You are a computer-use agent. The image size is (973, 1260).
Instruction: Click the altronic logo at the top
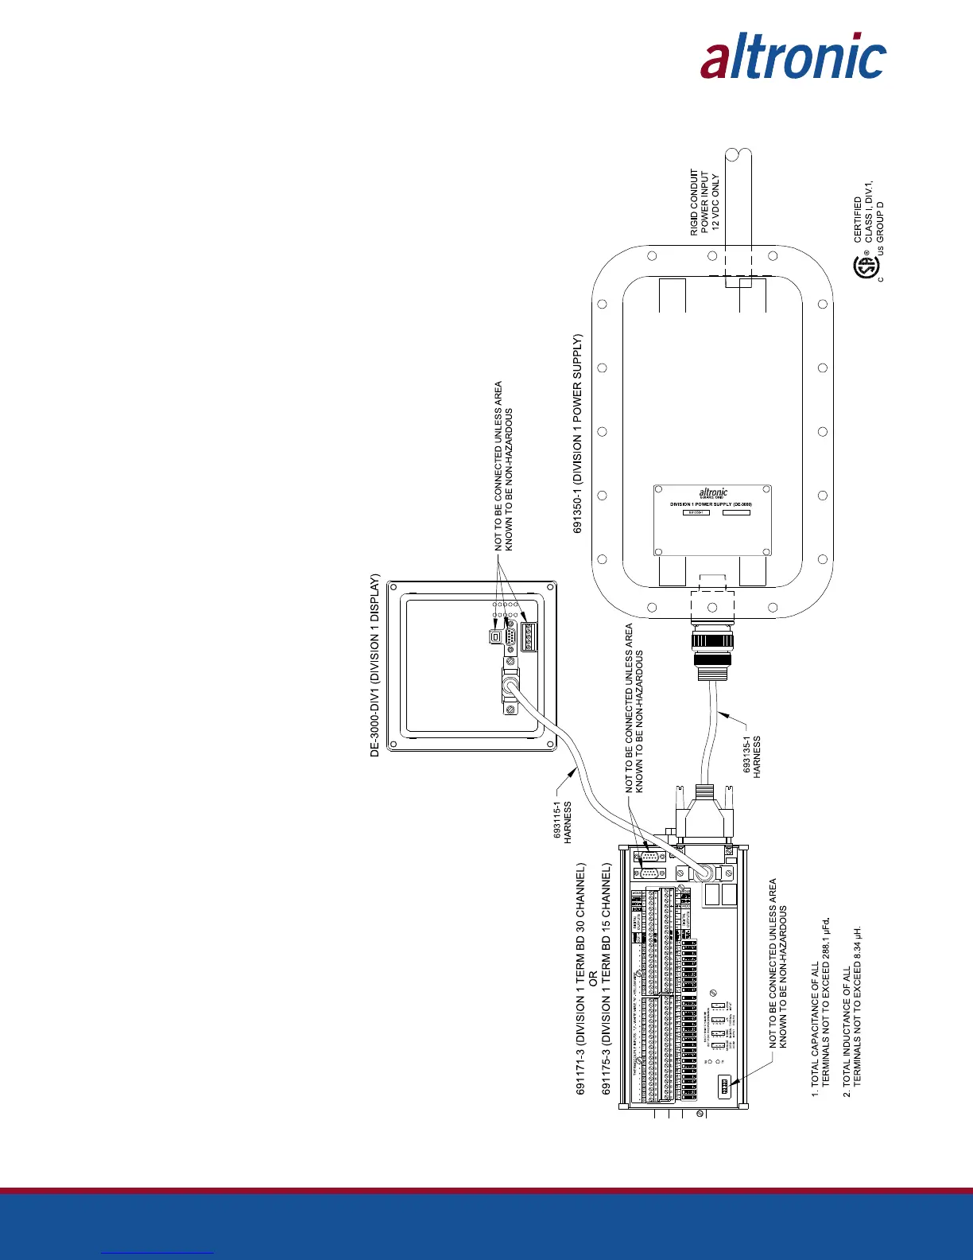coord(793,56)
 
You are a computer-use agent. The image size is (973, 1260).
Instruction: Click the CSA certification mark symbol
coord(865,267)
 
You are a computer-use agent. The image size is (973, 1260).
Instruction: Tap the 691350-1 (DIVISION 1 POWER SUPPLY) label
coord(578,434)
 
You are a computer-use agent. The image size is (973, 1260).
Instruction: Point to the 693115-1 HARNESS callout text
coord(563,822)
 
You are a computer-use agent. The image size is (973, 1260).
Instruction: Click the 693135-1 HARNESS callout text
coord(752,755)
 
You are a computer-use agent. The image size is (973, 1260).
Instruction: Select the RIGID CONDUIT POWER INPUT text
coord(704,202)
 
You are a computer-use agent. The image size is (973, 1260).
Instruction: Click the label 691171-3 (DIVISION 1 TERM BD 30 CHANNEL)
coord(581,978)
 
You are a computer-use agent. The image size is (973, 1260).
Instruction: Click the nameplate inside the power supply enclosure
coord(712,519)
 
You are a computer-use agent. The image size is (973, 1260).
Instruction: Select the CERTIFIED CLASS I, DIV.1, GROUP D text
coord(869,220)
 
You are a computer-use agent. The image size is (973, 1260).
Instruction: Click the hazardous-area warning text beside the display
coord(504,466)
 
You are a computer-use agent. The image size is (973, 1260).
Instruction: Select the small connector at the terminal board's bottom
coord(724,1086)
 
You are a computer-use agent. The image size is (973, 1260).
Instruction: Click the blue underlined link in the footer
coord(157,1252)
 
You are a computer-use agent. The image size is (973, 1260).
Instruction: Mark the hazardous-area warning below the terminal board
coord(777,962)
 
